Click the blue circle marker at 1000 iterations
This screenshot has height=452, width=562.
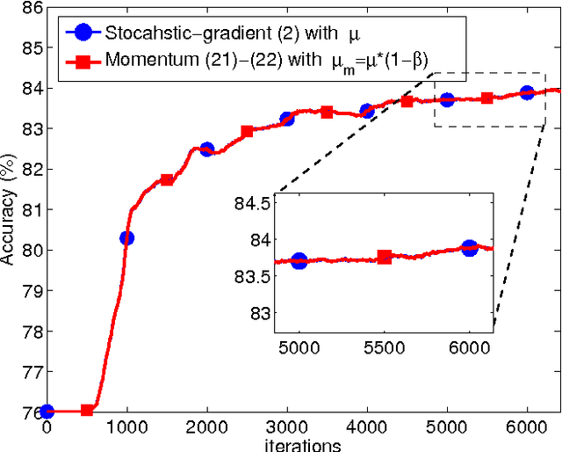pos(126,237)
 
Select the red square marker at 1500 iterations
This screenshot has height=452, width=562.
pos(167,179)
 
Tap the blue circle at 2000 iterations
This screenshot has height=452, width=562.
pos(206,149)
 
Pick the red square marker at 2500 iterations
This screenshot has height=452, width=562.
pos(247,131)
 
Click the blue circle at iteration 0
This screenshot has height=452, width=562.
pos(47,411)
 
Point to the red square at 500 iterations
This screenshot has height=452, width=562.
pos(87,411)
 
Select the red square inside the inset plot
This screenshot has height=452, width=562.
pos(384,257)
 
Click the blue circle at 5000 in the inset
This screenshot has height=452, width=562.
pos(299,260)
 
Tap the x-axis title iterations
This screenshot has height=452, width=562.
pos(303,445)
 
